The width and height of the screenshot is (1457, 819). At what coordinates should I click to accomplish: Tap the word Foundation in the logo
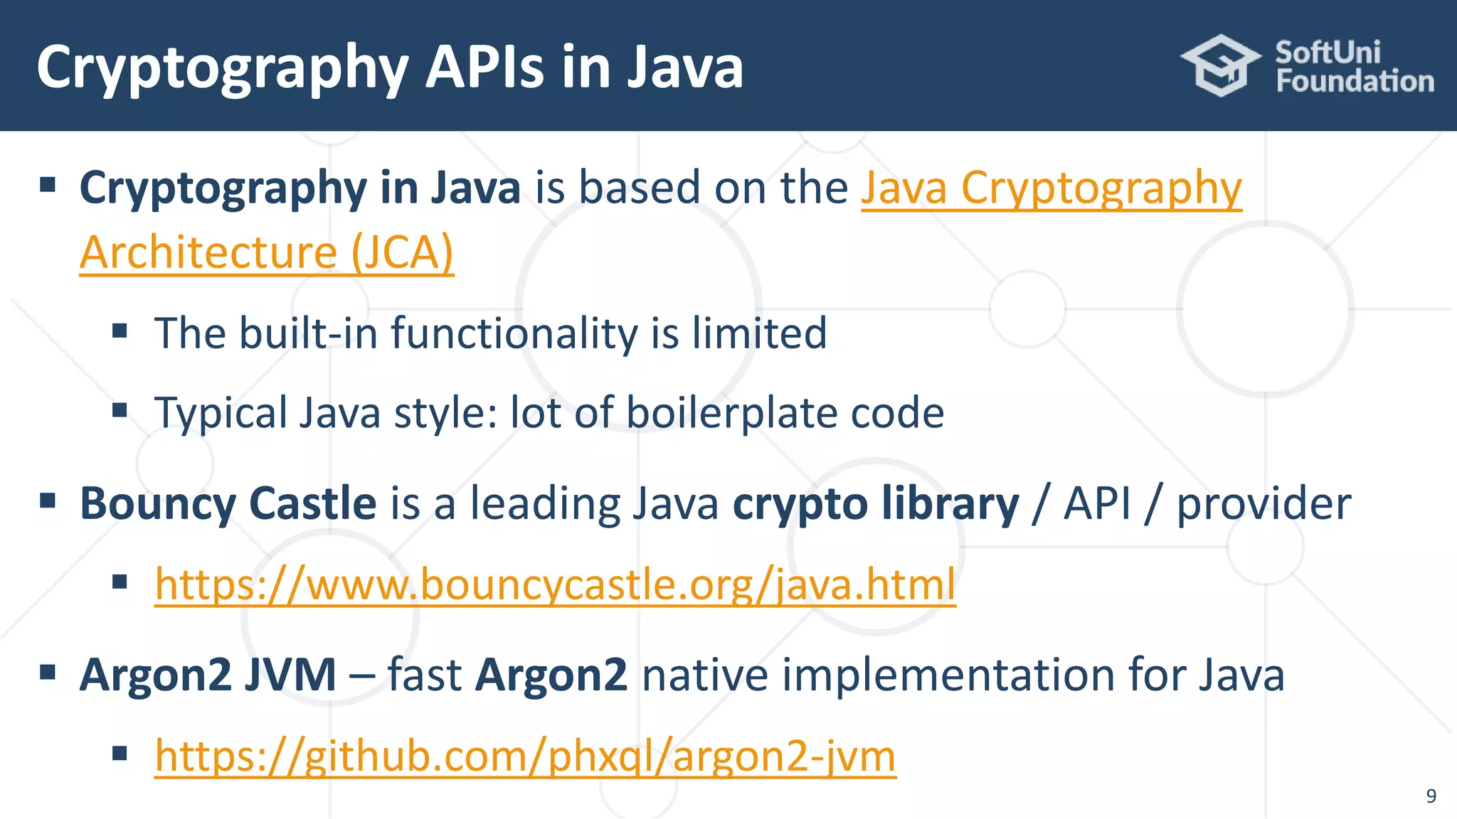[x=1355, y=81]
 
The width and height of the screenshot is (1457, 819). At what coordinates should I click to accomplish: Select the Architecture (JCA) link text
[x=266, y=252]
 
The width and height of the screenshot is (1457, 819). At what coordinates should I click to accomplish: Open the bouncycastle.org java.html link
[x=555, y=584]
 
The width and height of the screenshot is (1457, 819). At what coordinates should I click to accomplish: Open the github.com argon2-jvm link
[x=525, y=755]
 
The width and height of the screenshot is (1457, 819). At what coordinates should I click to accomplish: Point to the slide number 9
[x=1431, y=796]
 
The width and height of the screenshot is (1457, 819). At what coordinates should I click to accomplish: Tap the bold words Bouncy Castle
[x=228, y=503]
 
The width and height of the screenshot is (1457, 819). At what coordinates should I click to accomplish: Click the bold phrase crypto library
[x=876, y=503]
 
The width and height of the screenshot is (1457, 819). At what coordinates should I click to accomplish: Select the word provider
[x=1263, y=503]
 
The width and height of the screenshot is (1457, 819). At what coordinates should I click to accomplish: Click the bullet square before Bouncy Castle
[x=48, y=500]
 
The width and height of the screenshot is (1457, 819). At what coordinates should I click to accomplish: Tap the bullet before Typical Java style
[x=120, y=410]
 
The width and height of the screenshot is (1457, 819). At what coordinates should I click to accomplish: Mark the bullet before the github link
[x=120, y=752]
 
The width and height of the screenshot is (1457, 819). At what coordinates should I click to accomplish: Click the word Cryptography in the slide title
[x=222, y=68]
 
